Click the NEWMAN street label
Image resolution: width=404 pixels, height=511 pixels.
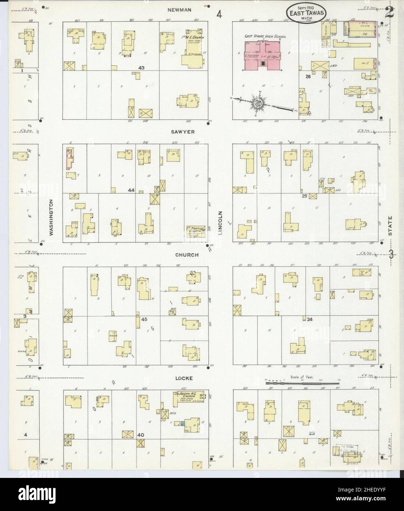[x=180, y=10]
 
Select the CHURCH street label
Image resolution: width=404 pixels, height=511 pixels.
[x=187, y=255]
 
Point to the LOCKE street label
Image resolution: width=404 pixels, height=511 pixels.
[x=184, y=378]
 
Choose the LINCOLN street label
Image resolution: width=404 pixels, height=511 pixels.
[x=221, y=223]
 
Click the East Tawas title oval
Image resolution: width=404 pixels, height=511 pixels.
[x=304, y=14]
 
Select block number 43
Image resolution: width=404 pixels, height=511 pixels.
[x=142, y=68]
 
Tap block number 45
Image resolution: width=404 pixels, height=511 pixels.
[x=144, y=319]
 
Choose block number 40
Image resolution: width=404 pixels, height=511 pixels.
[x=141, y=435]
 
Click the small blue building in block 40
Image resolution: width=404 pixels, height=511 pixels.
[x=182, y=424]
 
